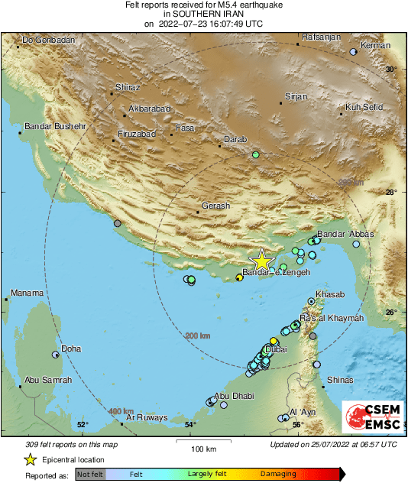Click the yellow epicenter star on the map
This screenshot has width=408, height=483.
(261, 261)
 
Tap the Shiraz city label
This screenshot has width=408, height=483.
(128, 87)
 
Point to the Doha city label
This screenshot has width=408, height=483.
(71, 349)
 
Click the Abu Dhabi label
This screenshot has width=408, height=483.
(233, 396)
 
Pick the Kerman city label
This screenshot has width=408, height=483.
(375, 46)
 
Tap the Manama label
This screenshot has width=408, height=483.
(26, 293)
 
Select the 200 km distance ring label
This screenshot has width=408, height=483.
(197, 336)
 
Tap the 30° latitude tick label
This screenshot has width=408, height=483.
(390, 70)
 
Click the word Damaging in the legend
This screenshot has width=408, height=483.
(278, 474)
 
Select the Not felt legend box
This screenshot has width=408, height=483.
(91, 474)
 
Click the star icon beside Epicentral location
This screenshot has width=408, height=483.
(30, 459)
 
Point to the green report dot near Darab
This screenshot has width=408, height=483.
(256, 155)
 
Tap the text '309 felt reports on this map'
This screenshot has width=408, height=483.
(73, 444)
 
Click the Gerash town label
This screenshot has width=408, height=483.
(215, 206)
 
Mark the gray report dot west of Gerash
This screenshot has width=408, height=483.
(118, 224)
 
